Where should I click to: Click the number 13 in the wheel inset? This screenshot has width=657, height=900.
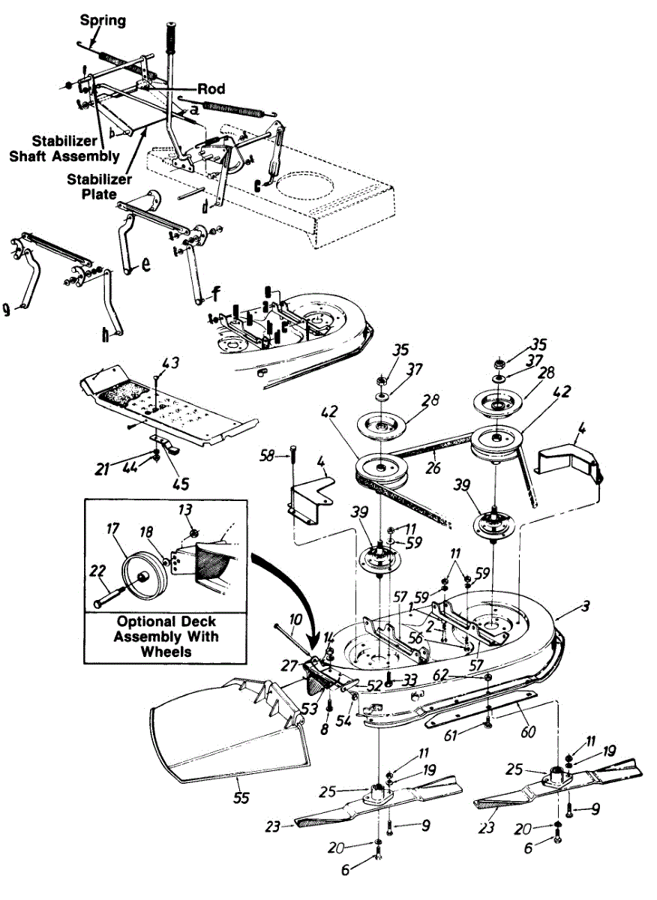186,511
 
